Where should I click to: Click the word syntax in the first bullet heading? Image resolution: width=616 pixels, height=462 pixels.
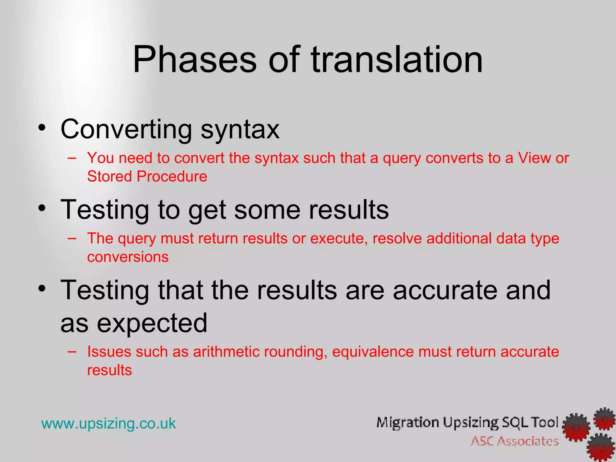click(240, 130)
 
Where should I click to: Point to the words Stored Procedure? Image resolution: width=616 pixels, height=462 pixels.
click(147, 176)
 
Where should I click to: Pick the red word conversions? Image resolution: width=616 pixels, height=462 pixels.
click(128, 257)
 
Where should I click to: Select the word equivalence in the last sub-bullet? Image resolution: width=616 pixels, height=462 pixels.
click(373, 352)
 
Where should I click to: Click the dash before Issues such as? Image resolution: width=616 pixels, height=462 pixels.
click(72, 352)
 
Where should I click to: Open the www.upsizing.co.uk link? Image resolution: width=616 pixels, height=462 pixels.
click(109, 423)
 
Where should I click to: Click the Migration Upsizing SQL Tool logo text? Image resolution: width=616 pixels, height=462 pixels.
click(467, 423)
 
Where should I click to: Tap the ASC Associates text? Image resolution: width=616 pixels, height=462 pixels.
click(515, 441)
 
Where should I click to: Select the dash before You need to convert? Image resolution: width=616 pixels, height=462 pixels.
click(72, 158)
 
